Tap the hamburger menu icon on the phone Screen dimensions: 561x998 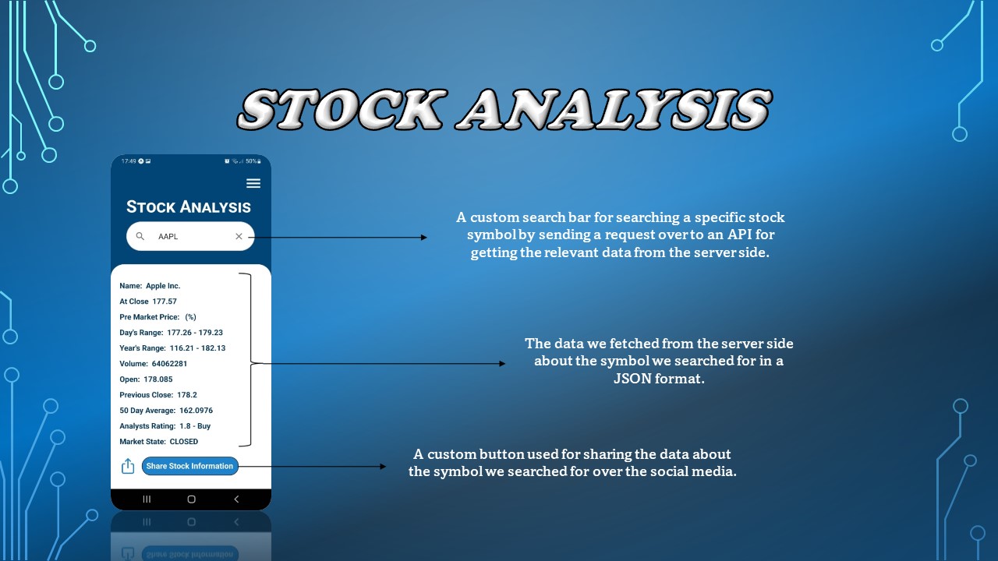[253, 183]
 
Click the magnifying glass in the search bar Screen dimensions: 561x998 [140, 236]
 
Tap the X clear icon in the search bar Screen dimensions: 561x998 [239, 236]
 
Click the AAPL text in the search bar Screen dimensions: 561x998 [168, 236]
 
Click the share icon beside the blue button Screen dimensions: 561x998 [128, 466]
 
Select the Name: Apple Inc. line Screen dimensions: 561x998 [150, 286]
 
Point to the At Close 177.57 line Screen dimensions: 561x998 [148, 302]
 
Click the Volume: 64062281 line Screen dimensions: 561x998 [154, 364]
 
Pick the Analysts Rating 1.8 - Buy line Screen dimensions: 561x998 [165, 426]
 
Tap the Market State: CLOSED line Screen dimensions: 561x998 [159, 442]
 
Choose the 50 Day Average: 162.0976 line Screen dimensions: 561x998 [166, 411]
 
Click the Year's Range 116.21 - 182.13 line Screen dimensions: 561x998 [172, 348]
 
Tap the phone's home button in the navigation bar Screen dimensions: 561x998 [191, 499]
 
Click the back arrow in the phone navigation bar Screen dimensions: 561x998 [236, 499]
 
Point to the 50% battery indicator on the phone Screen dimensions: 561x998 [251, 161]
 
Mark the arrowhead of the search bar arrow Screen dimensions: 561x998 [424, 238]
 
